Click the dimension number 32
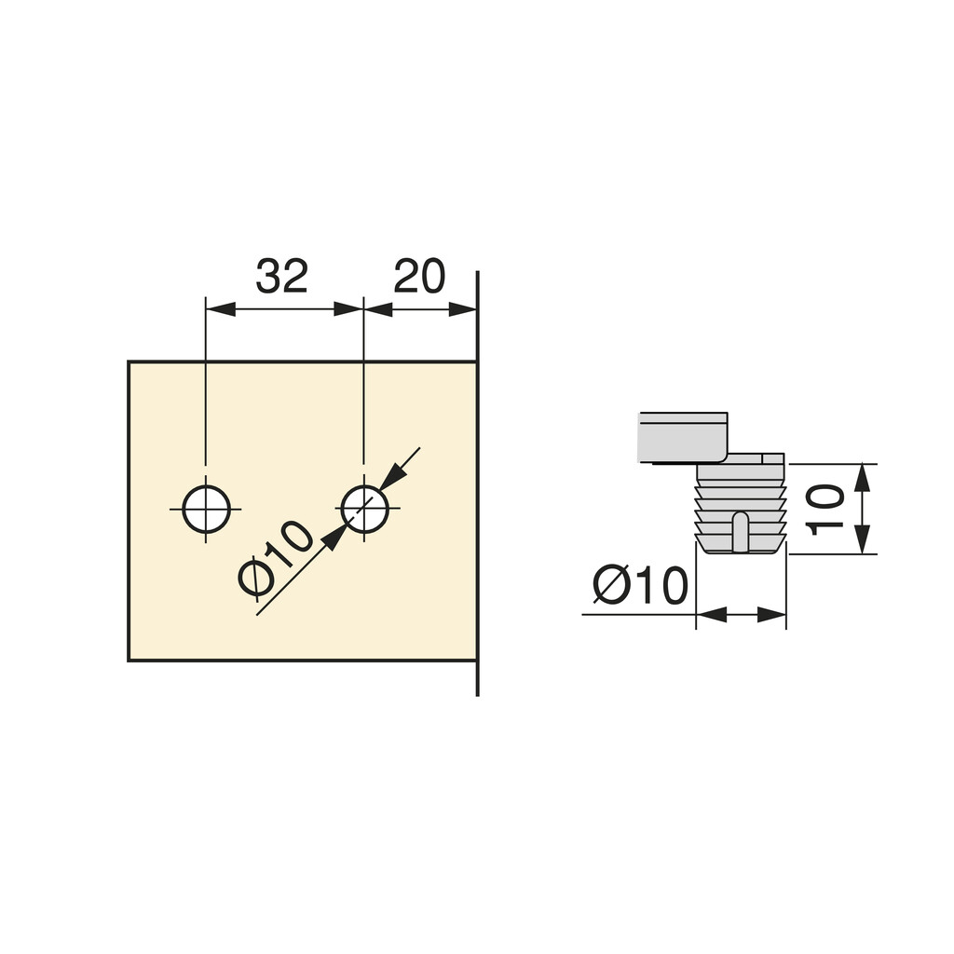[281, 276]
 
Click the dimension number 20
[419, 276]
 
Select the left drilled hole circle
[206, 510]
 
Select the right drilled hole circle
[364, 510]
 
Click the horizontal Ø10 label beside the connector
[640, 585]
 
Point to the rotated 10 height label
[825, 510]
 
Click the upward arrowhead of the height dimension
[861, 478]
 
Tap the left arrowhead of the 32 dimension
[220, 309]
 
